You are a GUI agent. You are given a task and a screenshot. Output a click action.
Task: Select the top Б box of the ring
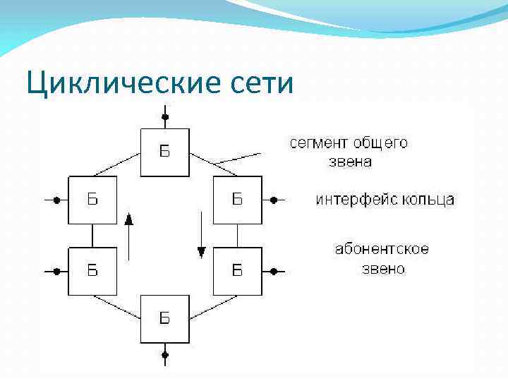point(164,152)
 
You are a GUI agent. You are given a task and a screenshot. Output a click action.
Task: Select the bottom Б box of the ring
point(164,319)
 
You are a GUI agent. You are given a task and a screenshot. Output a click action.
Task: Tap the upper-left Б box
point(92,200)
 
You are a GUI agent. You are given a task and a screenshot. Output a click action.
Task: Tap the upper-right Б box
point(237,200)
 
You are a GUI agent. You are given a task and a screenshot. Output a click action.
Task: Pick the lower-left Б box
point(92,270)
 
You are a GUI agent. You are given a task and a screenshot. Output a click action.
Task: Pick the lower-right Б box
point(237,270)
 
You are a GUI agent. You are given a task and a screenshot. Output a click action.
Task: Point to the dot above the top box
point(165,116)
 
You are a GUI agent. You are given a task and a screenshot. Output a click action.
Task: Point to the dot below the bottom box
point(165,355)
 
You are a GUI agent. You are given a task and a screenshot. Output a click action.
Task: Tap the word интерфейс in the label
point(356,200)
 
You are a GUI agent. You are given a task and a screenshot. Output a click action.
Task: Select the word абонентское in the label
point(382,250)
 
